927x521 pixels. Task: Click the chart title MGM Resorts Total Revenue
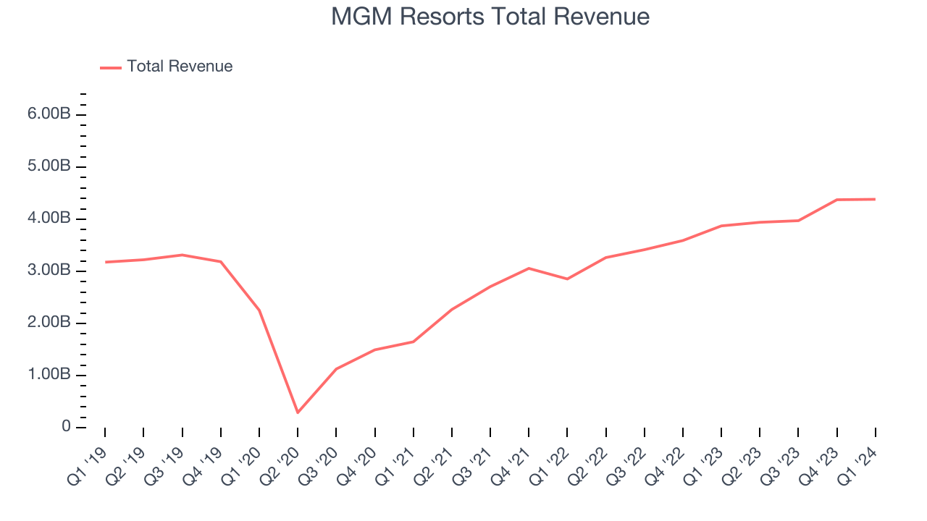tap(490, 16)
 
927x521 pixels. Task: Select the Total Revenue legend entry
tap(180, 67)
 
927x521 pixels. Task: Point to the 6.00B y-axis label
tap(50, 115)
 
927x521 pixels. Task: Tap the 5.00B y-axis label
tap(50, 167)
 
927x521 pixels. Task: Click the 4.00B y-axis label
tap(50, 219)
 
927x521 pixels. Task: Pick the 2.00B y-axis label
tap(50, 323)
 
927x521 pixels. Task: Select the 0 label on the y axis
tap(66, 427)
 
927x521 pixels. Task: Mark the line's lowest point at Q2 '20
tap(298, 412)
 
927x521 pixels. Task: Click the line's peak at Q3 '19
tap(182, 255)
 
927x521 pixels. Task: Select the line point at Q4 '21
tap(529, 268)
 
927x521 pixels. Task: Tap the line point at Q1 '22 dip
tap(567, 279)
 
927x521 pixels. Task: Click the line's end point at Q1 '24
tap(875, 199)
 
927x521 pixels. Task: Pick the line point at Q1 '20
tap(259, 310)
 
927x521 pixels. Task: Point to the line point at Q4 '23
tap(836, 200)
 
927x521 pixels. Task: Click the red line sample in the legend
tap(111, 67)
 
